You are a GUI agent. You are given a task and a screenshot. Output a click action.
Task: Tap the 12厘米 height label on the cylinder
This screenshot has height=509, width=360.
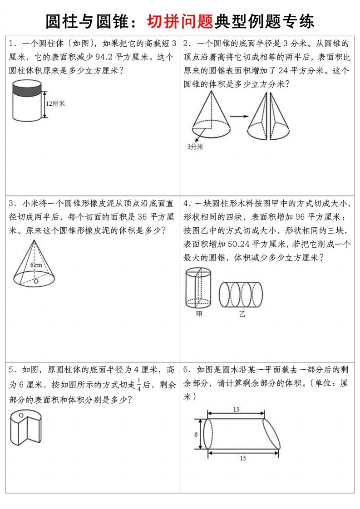(x=55, y=103)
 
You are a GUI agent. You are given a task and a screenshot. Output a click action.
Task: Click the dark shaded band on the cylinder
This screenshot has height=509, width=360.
(x=27, y=89)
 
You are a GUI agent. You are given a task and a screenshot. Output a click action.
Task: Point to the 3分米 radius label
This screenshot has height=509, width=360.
(x=195, y=147)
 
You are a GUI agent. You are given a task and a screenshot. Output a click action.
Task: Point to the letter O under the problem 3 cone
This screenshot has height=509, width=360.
(x=36, y=281)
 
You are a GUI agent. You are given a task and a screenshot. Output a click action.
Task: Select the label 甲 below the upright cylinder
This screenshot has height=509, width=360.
(x=199, y=313)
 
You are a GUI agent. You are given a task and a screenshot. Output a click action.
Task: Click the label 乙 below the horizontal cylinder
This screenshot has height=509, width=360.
(x=242, y=313)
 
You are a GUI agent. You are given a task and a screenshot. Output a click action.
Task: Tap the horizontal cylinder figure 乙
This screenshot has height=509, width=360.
(x=241, y=294)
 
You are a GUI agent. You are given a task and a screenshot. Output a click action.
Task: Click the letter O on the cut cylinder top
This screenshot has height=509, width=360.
(x=20, y=415)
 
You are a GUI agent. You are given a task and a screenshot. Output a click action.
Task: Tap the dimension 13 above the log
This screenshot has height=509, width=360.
(x=236, y=410)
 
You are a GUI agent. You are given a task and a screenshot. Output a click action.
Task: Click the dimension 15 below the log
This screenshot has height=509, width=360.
(x=243, y=458)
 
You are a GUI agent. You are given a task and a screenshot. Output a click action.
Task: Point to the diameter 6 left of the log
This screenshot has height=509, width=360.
(x=196, y=434)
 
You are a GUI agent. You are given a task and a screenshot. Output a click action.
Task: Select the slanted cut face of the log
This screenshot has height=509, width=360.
(x=271, y=433)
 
